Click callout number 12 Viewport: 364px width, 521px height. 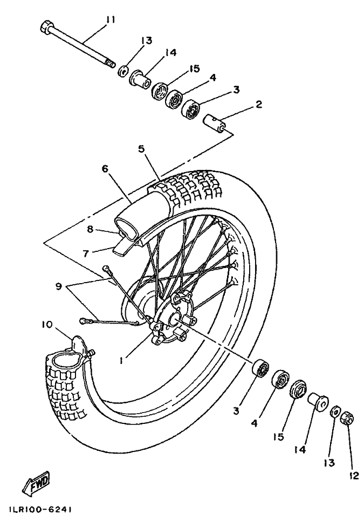(354, 476)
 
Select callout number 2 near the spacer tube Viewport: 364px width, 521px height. (258, 104)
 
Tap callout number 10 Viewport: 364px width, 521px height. (47, 324)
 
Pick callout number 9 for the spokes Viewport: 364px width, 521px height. (59, 286)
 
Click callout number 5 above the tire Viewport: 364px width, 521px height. (142, 149)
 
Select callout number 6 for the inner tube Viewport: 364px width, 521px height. (105, 169)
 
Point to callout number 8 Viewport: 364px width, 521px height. (90, 230)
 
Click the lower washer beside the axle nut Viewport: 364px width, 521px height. (334, 413)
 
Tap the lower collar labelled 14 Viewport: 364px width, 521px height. (318, 402)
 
